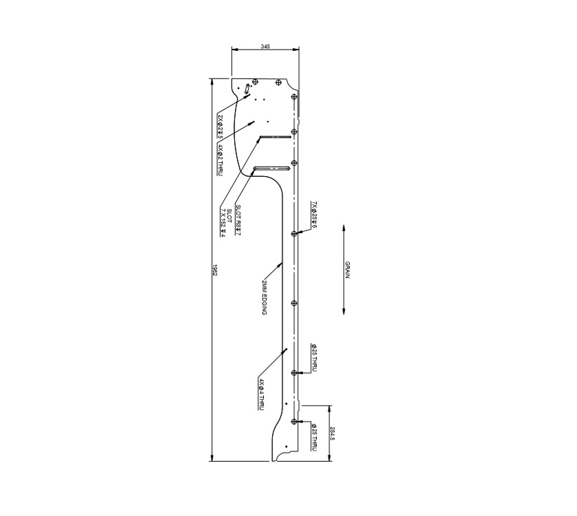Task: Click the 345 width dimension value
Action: pos(266,46)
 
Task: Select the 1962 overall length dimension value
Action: pos(215,268)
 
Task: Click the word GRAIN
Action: pos(348,269)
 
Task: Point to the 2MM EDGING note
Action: pos(264,297)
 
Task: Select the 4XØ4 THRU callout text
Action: pos(262,394)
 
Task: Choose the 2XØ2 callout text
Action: pos(220,127)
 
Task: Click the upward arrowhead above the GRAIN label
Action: pos(343,226)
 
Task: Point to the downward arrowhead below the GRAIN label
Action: pos(343,313)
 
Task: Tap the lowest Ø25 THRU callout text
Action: pos(314,438)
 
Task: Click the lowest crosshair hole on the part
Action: pos(294,421)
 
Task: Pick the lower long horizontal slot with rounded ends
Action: pos(270,168)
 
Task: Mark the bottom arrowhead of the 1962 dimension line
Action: pos(211,460)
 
